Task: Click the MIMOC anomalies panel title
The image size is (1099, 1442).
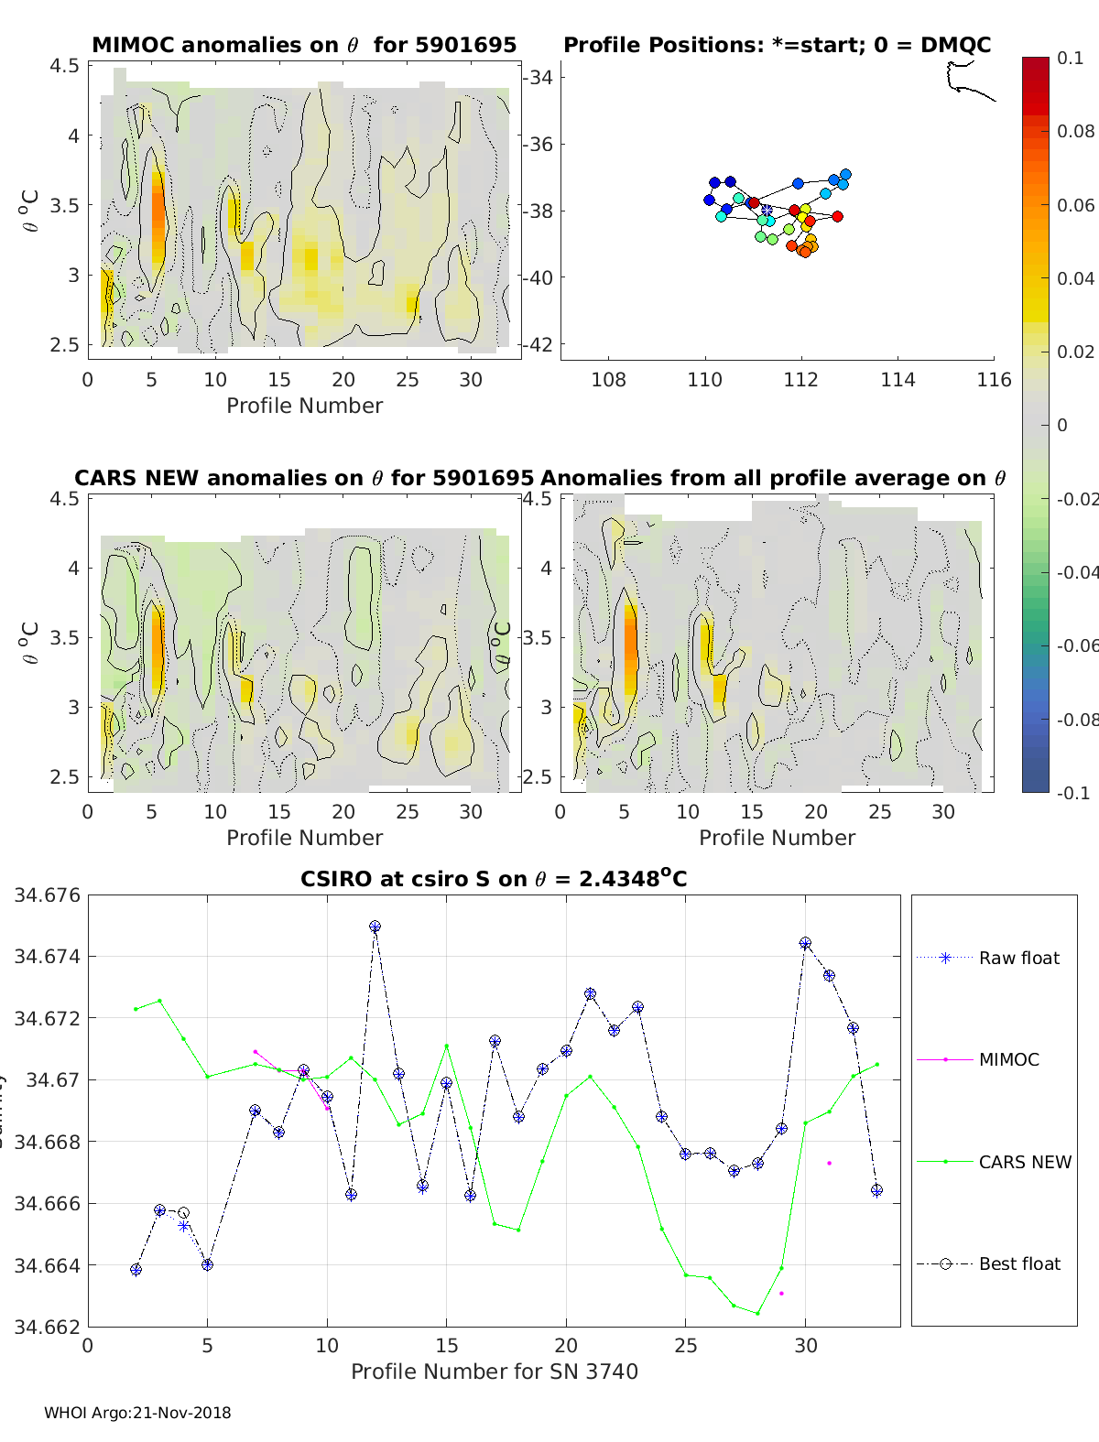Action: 304,45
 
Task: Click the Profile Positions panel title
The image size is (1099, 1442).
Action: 777,45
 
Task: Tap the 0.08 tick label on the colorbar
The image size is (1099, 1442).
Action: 1076,131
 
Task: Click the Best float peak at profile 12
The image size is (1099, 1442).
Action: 375,927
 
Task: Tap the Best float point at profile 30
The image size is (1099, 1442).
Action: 805,943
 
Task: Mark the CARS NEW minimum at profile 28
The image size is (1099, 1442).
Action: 757,1313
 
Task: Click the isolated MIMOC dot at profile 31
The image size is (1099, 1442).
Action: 829,1163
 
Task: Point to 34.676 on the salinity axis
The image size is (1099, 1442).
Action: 47,894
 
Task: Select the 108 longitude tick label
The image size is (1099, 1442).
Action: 608,379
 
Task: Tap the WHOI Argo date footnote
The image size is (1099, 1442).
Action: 137,1413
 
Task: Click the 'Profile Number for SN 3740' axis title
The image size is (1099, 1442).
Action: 494,1372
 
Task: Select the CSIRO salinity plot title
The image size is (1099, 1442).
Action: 494,879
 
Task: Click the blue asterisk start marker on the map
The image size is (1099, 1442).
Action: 767,211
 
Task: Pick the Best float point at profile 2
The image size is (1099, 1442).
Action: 136,1270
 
